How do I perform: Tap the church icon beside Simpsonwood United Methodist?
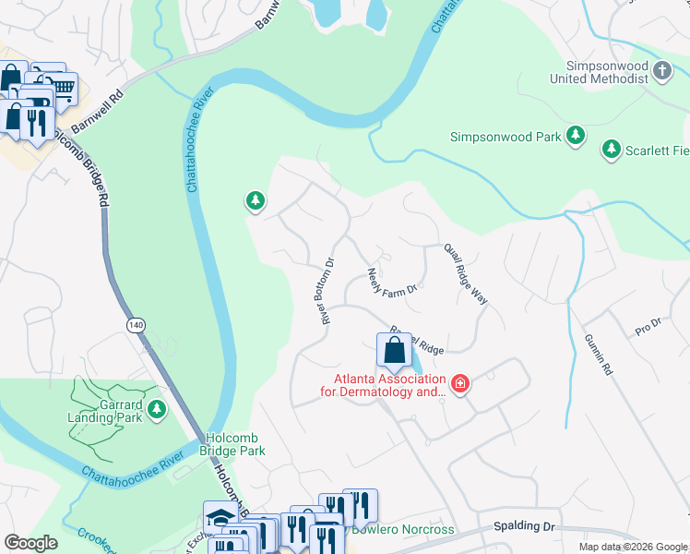pos(661,70)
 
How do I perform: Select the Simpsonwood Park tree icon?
pos(576,137)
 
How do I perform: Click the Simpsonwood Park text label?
pos(506,137)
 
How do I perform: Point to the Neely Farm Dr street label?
pos(394,283)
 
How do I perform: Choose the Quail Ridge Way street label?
pos(465,274)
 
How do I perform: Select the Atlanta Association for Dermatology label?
pos(389,386)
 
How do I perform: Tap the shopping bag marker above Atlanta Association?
pos(394,351)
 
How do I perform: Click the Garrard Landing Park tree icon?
pos(157,408)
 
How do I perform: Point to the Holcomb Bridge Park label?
pos(232,444)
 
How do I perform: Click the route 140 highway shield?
pos(137,325)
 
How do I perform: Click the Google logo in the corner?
pos(30,543)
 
